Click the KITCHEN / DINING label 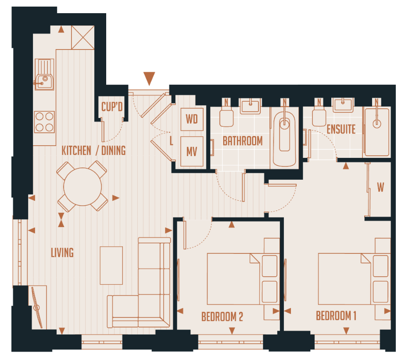pyautogui.click(x=93, y=150)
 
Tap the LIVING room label pyautogui.click(x=62, y=253)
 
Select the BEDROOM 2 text pyautogui.click(x=222, y=317)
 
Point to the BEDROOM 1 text pyautogui.click(x=336, y=316)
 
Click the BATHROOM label pyautogui.click(x=243, y=141)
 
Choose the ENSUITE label pyautogui.click(x=341, y=129)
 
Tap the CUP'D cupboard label pyautogui.click(x=111, y=107)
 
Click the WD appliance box pyautogui.click(x=192, y=119)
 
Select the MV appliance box pyautogui.click(x=192, y=152)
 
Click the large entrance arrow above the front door pyautogui.click(x=150, y=78)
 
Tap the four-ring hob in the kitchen pyautogui.click(x=45, y=122)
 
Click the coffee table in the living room pyautogui.click(x=111, y=265)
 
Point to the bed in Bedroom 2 pyautogui.click(x=235, y=278)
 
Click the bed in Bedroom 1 pyautogui.click(x=346, y=278)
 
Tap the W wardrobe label pyautogui.click(x=380, y=188)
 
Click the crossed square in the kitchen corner pyautogui.click(x=83, y=37)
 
